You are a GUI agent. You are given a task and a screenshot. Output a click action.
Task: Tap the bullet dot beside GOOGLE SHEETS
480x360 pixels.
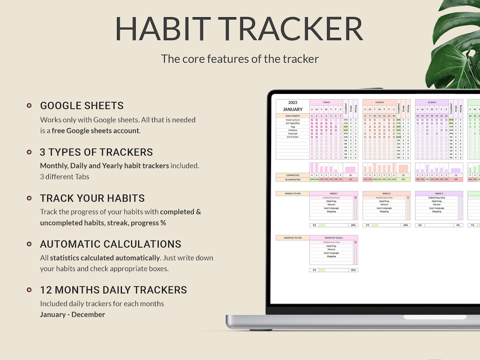[x=29, y=106]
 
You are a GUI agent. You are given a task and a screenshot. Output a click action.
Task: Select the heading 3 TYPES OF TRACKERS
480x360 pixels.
[x=96, y=152]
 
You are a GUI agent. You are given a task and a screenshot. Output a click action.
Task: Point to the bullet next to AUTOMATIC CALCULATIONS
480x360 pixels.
[x=29, y=244]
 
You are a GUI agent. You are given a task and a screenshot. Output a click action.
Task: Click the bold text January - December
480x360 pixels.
[x=72, y=315]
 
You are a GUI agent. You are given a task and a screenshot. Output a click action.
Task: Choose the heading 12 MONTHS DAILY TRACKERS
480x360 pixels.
[x=113, y=290]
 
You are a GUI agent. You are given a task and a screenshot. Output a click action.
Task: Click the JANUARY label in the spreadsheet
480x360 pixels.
[x=293, y=109]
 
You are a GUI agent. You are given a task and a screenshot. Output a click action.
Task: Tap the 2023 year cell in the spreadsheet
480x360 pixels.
[x=293, y=102]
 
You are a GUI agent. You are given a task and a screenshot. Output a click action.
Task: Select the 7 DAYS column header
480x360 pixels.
[x=326, y=102]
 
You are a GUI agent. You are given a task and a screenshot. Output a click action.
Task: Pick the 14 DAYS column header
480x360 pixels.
[x=379, y=102]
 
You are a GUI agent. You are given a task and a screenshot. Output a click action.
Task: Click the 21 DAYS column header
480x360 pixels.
[x=432, y=102]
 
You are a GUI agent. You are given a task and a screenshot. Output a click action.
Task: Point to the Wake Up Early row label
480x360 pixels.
[x=293, y=120]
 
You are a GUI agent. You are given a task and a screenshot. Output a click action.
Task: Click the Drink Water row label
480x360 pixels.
[x=293, y=137]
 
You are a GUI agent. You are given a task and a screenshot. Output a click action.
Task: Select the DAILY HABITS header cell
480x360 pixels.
[x=293, y=116]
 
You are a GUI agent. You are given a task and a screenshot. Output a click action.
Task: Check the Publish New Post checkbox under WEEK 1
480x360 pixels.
[x=355, y=197]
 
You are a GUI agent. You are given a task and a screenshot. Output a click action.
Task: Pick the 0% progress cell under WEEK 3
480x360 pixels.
[x=458, y=225]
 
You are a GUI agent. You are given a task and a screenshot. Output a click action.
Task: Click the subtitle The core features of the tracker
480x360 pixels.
[x=240, y=59]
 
